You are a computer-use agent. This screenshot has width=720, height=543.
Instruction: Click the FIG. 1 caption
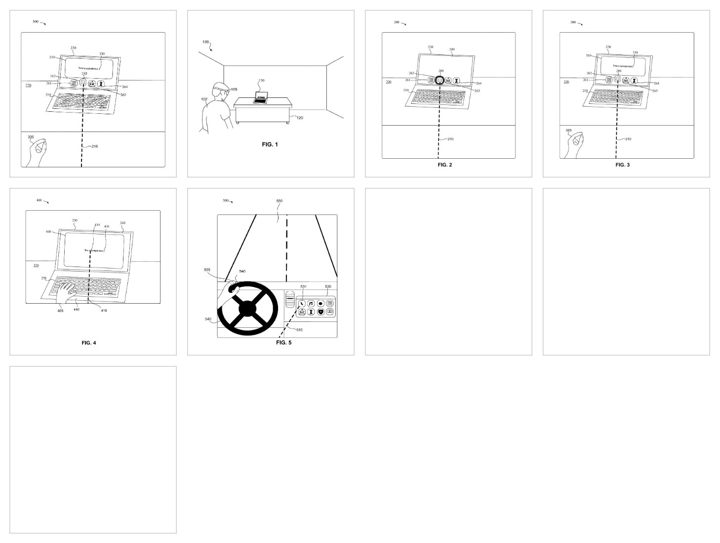tap(270, 144)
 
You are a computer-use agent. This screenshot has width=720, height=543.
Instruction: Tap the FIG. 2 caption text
tap(444, 165)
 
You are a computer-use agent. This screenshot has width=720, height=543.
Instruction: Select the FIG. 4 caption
tap(89, 343)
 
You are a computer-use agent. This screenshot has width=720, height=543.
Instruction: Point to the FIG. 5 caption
tap(283, 342)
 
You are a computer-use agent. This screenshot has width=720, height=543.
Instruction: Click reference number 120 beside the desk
tap(299, 118)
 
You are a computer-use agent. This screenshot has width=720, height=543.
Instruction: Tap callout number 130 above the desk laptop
tap(261, 80)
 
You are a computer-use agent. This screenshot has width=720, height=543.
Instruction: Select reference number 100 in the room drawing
tap(205, 43)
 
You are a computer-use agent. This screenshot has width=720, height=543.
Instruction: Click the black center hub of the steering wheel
tap(247, 309)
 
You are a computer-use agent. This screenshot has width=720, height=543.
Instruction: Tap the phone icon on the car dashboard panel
tap(302, 304)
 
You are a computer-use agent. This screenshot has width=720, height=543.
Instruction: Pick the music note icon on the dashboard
tap(311, 304)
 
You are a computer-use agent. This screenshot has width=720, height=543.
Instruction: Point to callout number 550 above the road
tap(279, 201)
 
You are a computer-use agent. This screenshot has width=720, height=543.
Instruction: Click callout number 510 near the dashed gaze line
tap(299, 330)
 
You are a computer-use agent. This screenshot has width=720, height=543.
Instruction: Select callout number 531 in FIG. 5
tap(303, 287)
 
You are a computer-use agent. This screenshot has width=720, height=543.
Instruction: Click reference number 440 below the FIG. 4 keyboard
tap(76, 310)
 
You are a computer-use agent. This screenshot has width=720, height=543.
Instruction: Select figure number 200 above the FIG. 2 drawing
tap(397, 22)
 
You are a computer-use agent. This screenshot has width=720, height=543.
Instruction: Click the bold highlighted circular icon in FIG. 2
tap(440, 80)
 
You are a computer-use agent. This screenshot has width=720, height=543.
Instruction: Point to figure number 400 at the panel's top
tap(39, 200)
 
